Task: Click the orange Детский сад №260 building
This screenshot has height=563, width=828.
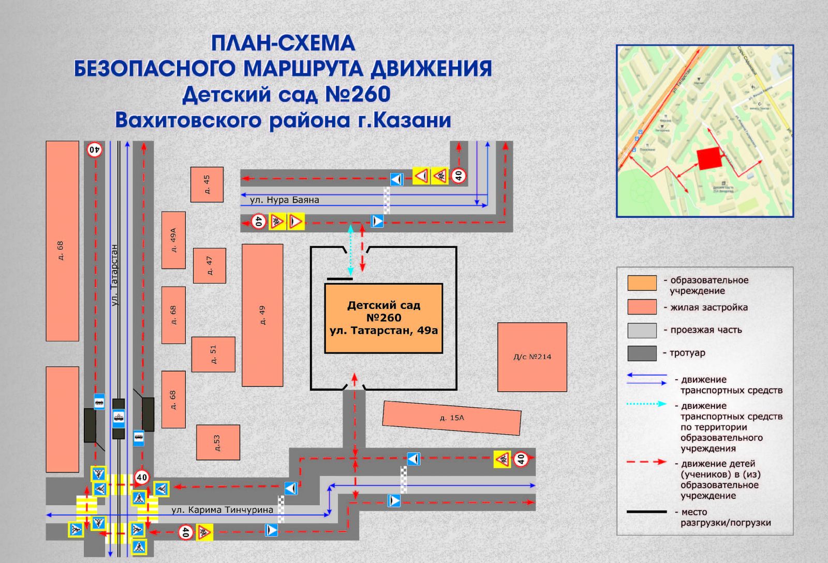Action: [383, 318]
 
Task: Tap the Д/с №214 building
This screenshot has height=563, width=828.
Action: [532, 357]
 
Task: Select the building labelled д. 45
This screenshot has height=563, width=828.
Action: [207, 184]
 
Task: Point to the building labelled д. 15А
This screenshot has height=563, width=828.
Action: [452, 418]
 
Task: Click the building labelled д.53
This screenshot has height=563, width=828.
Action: [218, 442]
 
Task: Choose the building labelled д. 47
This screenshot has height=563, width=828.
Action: [210, 265]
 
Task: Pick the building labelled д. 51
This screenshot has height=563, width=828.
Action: [213, 354]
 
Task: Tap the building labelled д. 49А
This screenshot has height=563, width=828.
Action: [173, 240]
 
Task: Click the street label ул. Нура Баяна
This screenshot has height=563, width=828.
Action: [284, 200]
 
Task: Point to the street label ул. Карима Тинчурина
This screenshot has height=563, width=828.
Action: [222, 510]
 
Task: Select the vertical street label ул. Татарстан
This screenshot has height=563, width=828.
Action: [114, 275]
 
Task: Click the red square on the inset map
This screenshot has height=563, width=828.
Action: [709, 159]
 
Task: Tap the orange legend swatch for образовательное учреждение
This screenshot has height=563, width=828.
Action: [642, 283]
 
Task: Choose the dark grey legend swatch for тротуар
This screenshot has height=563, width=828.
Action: [642, 353]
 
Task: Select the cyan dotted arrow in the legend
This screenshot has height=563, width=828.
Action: [646, 404]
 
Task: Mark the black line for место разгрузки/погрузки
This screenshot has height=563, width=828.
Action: [646, 512]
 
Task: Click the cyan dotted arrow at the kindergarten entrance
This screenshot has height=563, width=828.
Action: [351, 250]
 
